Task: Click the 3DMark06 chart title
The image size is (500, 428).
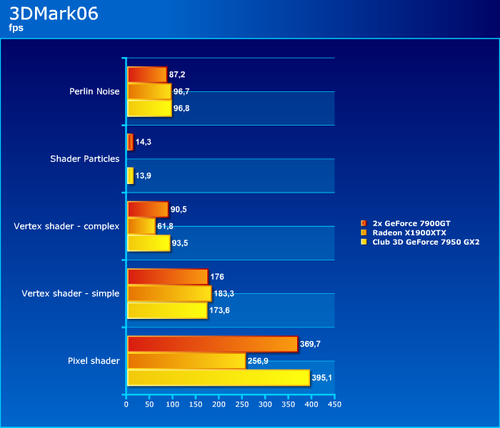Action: tap(54, 14)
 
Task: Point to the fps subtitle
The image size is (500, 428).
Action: tap(16, 29)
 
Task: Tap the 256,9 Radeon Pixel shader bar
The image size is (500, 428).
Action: tap(186, 361)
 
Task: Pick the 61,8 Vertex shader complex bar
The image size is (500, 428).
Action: tap(141, 226)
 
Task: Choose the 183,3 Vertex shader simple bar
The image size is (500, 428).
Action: tap(169, 293)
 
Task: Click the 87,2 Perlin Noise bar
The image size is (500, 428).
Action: tap(146, 74)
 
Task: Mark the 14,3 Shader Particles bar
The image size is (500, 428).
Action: tap(130, 142)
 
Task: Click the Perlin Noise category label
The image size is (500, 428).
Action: tap(94, 91)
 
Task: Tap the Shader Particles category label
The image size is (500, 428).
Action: tap(84, 158)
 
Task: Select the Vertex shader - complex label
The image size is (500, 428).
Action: tap(66, 226)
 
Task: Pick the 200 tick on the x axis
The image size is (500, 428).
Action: tap(219, 404)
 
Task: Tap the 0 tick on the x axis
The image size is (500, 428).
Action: tap(126, 404)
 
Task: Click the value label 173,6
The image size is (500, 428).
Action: tap(221, 311)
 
